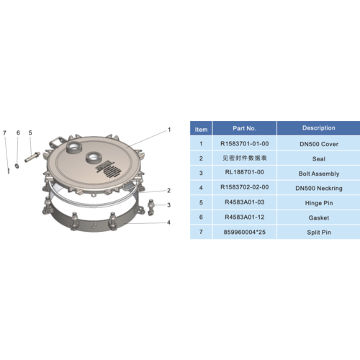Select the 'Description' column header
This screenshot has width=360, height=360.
coord(318,128)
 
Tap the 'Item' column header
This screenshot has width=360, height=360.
coord(201,129)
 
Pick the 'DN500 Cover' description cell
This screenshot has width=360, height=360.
coord(318,143)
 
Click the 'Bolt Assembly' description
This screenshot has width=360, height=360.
coord(318,173)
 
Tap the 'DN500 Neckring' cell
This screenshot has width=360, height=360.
coord(318,187)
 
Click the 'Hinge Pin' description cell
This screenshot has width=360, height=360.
coord(318,202)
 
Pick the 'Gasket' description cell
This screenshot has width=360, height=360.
coord(318,217)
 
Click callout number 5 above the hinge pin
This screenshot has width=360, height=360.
coord(30,132)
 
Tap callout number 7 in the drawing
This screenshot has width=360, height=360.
coord(4,132)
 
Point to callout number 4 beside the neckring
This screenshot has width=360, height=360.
coord(168,222)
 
